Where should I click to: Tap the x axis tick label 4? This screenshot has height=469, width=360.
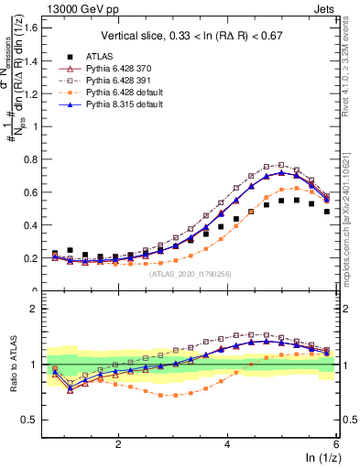227,442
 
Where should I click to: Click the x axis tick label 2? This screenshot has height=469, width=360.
117,442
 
